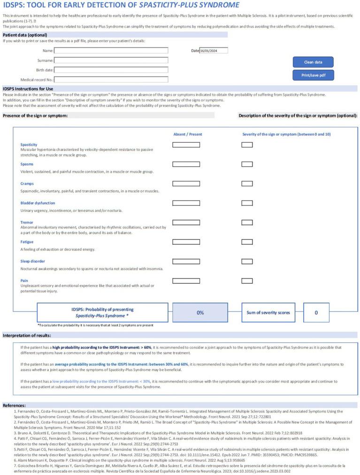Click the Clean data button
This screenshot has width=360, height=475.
pos(313,62)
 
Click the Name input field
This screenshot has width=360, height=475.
pos(111,51)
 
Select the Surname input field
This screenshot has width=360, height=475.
pos(111,60)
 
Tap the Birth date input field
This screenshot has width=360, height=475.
pos(111,70)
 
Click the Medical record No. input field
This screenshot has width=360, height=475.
pos(111,80)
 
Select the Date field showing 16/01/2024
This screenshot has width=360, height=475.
pos(214,51)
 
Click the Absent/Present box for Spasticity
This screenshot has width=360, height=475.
pos(186,145)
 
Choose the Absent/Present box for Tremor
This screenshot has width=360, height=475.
pos(186,223)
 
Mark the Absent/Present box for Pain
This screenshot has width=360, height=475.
pos(186,281)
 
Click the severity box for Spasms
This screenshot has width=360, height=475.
pos(247,164)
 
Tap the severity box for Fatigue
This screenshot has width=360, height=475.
pos(247,242)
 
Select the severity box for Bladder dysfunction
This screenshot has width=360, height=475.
pos(247,203)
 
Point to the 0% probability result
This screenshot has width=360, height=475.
pos(200,313)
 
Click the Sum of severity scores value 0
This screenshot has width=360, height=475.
pos(316,313)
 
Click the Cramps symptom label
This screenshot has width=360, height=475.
pos(27,184)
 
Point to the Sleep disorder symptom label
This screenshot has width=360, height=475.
pos(32,261)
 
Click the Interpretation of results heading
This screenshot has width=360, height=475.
pos(27,335)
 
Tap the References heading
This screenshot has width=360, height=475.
pos(14,405)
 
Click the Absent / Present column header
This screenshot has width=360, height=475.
pos(188,135)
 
